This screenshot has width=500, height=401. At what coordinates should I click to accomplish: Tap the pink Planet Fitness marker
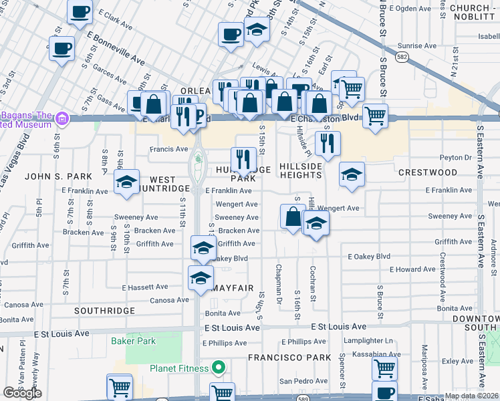(218, 368)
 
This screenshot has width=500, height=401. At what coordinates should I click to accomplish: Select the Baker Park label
(134, 341)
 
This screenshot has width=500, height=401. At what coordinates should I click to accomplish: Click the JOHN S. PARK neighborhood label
(58, 176)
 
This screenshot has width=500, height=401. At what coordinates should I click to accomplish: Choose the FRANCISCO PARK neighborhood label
(289, 358)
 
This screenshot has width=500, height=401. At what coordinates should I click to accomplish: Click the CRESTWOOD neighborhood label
(428, 172)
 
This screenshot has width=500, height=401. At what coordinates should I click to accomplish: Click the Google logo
(22, 392)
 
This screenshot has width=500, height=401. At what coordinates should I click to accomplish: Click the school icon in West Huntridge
(126, 182)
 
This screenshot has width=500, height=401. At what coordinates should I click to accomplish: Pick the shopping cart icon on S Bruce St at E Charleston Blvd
(375, 115)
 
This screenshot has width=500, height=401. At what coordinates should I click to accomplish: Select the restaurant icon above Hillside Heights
(328, 142)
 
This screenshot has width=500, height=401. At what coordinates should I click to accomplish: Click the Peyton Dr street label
(457, 158)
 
